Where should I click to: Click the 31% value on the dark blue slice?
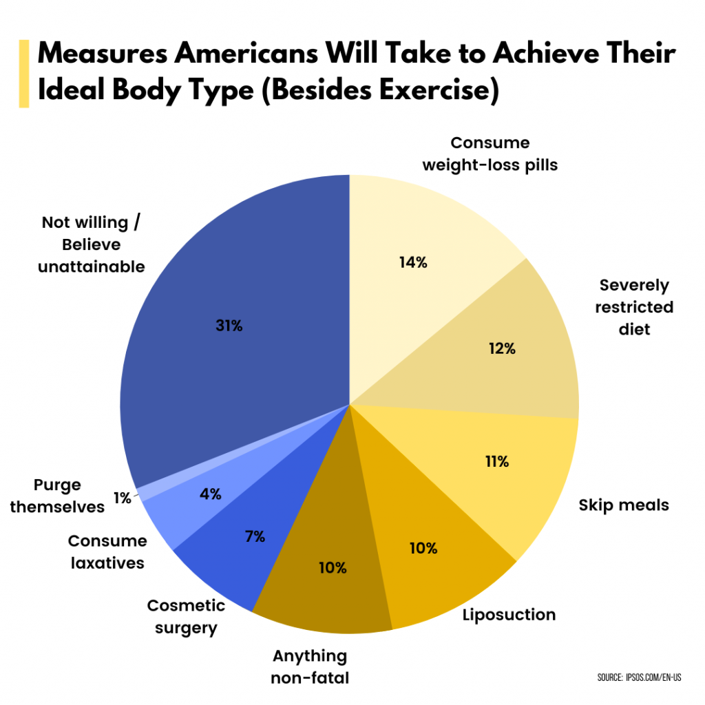[229, 326]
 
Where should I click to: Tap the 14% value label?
[413, 262]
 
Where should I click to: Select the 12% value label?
[502, 348]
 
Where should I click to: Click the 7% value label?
[255, 536]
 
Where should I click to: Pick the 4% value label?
[211, 494]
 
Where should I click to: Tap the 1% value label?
[122, 498]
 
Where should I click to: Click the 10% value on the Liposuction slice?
[423, 548]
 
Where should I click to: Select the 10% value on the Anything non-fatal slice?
[333, 568]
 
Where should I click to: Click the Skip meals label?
[623, 505]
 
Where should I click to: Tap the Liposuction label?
[509, 614]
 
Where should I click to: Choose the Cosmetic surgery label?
[186, 617]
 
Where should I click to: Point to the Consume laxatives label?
[107, 552]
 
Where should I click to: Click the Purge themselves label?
[57, 496]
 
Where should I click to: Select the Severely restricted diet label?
[633, 307]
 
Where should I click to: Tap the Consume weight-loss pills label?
[490, 154]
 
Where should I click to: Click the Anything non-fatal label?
[310, 666]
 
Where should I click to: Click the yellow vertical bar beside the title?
[24, 74]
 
